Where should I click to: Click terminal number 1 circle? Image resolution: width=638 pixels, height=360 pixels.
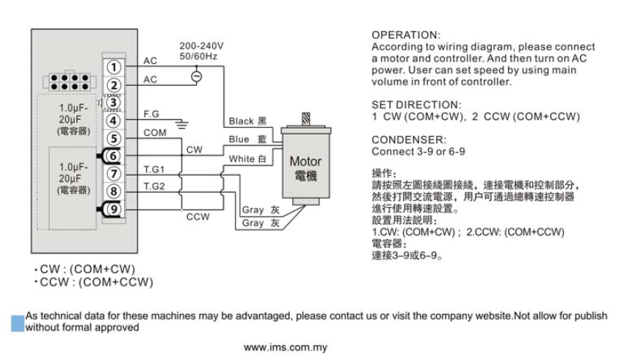point(112,67)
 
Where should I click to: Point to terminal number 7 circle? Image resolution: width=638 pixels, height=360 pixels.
point(112,174)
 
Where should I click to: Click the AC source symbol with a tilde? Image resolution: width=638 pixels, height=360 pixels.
point(196,76)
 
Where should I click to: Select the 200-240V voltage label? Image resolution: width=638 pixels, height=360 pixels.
point(201,46)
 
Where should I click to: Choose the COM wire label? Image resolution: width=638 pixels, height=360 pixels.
point(155,132)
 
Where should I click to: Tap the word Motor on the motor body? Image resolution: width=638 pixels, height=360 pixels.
point(305,161)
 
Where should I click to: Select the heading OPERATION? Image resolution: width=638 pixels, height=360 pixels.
point(405,35)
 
